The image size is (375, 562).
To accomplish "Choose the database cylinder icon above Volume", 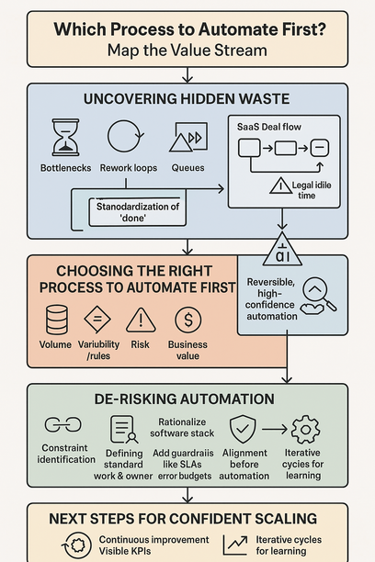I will click(x=55, y=320).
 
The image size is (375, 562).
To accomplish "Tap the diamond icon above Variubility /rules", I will click(x=97, y=320).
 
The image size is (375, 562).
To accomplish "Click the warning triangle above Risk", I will click(x=141, y=320).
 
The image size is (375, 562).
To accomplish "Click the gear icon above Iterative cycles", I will click(x=304, y=429).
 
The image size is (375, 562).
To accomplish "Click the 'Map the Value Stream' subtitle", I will click(x=187, y=50).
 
